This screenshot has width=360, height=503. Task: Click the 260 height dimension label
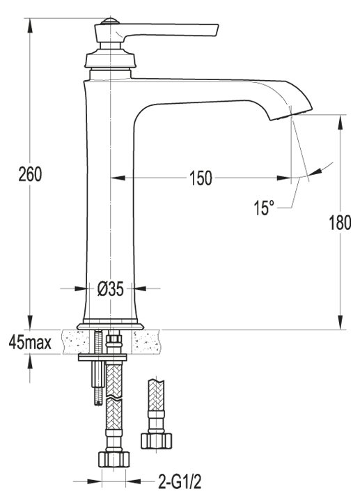coord(30,174)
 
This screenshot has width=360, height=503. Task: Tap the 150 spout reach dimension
coord(201,178)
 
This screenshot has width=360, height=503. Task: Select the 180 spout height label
coord(340,222)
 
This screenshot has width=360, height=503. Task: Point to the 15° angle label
coord(264,208)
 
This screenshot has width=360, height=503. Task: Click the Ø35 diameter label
coord(110,289)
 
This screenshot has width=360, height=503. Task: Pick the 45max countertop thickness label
coord(30,342)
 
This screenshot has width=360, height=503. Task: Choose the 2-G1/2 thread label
coord(180,481)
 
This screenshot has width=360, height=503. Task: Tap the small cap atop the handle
coord(110,22)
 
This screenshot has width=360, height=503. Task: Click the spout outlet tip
coord(291,115)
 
